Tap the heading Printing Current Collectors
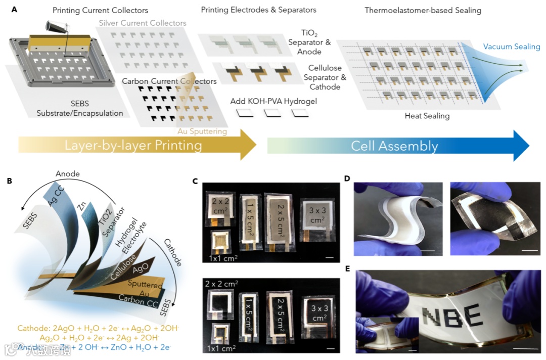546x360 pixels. pyautogui.click(x=101, y=10)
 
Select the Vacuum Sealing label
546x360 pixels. pyautogui.click(x=511, y=47)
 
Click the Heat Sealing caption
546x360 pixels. pyautogui.click(x=427, y=116)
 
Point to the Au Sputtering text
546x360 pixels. pyautogui.click(x=202, y=131)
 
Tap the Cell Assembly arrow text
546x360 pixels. pyautogui.click(x=394, y=147)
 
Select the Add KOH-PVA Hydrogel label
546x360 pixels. pyautogui.click(x=274, y=101)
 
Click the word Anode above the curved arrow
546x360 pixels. pyautogui.click(x=68, y=174)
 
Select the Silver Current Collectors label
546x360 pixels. pyautogui.click(x=143, y=23)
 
